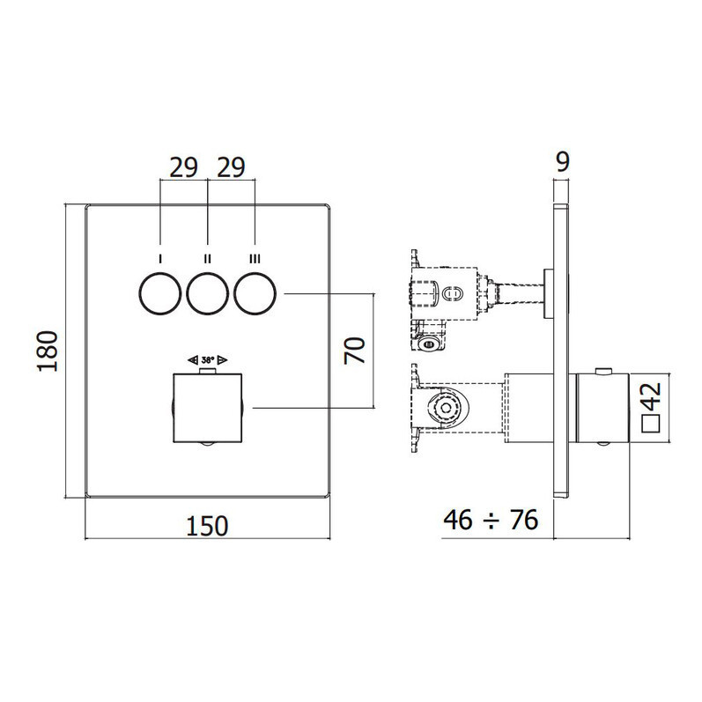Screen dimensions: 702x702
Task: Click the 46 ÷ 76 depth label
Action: click(x=491, y=520)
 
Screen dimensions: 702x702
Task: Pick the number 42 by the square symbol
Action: click(x=652, y=397)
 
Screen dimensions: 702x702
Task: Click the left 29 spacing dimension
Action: click(x=184, y=168)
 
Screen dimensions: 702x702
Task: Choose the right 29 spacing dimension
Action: click(x=231, y=168)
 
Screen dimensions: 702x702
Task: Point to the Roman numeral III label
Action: click(x=255, y=259)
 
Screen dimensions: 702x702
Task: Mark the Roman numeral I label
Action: click(x=159, y=259)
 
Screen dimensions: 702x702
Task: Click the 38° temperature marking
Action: click(x=208, y=360)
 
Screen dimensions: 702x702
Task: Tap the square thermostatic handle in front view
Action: click(x=208, y=407)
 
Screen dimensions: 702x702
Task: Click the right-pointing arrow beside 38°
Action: click(x=223, y=360)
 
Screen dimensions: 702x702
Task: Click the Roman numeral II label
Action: click(x=208, y=259)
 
